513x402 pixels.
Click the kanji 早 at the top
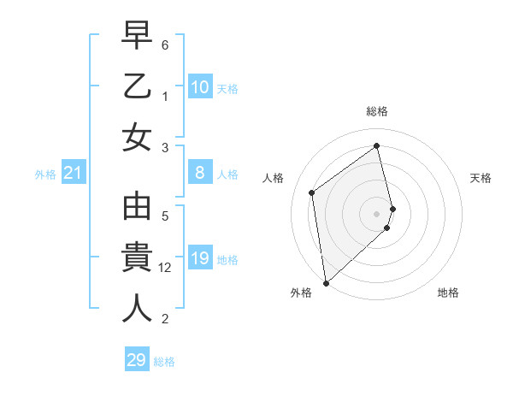[x=137, y=37]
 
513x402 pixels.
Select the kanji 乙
[x=137, y=86]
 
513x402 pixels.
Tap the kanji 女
[x=137, y=137]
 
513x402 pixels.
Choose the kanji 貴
[x=137, y=257]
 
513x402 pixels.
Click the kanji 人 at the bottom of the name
[x=137, y=308]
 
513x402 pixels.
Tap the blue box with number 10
[x=199, y=87]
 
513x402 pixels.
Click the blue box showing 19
[x=199, y=259]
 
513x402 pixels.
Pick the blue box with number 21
[x=74, y=174]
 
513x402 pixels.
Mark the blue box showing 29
[x=136, y=360]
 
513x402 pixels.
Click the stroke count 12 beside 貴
[x=168, y=268]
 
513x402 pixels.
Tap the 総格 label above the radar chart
[x=377, y=111]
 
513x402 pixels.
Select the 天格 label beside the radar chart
[x=481, y=178]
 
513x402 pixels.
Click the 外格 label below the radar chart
[x=301, y=293]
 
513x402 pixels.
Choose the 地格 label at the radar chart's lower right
[x=448, y=293]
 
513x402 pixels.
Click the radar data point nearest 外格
[x=326, y=282]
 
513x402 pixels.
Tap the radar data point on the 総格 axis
[x=377, y=145]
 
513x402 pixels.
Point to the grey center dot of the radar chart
[x=377, y=213]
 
